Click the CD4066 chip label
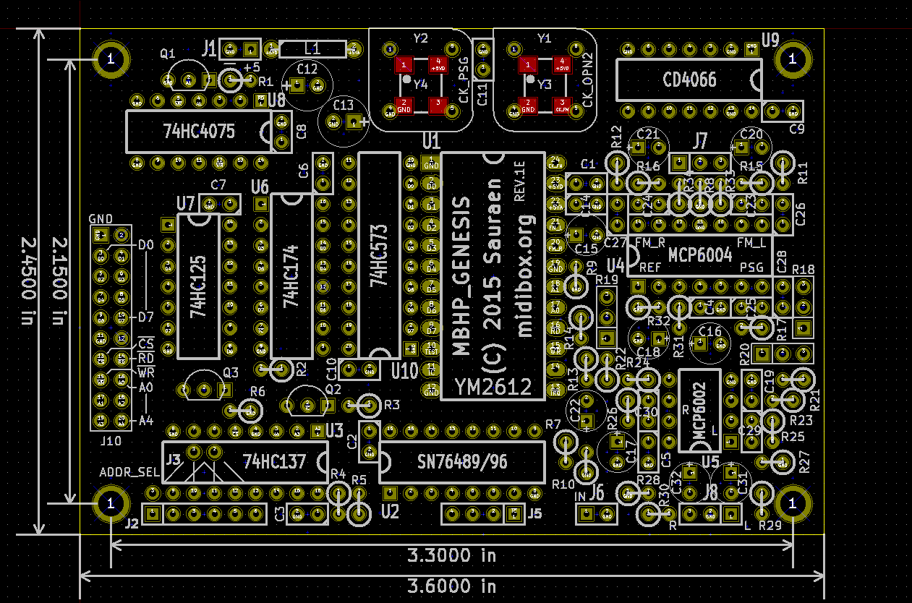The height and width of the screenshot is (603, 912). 689,79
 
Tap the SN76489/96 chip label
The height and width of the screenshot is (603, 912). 463,461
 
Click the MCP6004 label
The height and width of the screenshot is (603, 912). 700,255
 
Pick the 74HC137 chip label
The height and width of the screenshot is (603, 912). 275,461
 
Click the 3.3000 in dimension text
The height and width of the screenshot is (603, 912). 451,555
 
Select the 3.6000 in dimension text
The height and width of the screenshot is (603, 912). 451,586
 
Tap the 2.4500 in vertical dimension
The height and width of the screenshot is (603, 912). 27,281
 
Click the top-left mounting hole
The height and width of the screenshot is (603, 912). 111,59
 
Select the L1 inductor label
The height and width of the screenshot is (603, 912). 312,49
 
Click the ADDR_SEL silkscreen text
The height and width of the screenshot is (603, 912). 129,473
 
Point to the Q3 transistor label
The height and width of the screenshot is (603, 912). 230,373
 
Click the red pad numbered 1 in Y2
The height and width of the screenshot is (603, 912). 401,64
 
